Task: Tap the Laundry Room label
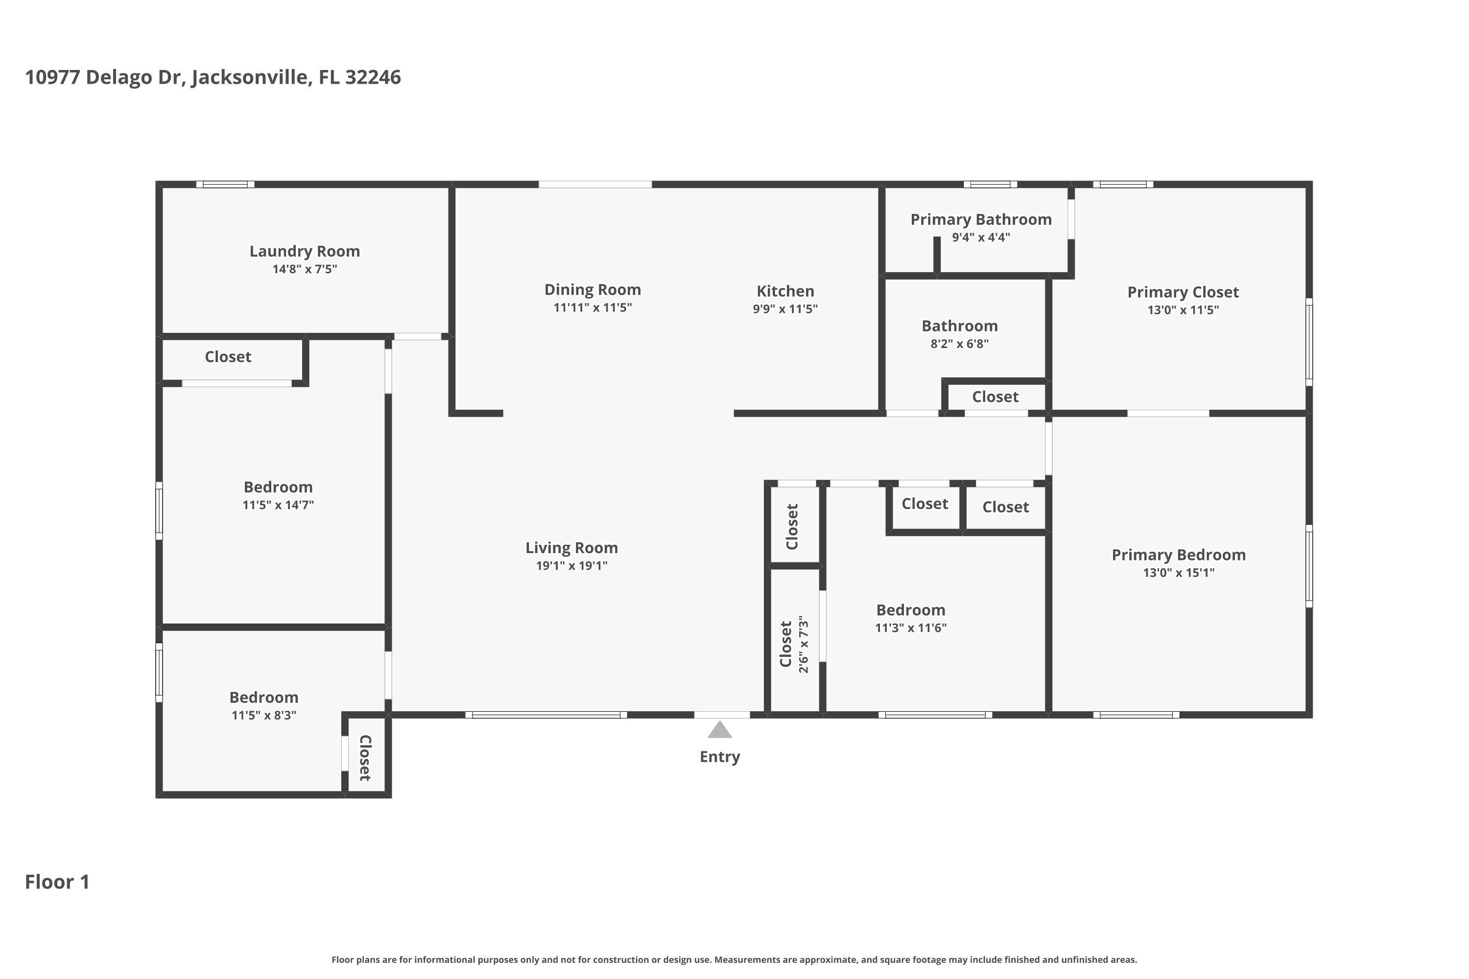point(305,251)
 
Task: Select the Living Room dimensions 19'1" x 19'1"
point(571,566)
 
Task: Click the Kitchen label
point(785,291)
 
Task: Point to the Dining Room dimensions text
point(592,307)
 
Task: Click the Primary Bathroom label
point(981,219)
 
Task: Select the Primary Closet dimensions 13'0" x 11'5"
point(1183,310)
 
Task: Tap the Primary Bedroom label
point(1179,555)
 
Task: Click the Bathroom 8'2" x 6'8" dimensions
point(959,344)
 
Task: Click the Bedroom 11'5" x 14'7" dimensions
point(278,505)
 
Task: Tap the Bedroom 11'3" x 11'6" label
point(911,609)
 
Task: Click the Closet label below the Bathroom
point(995,396)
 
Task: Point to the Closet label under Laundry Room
point(228,356)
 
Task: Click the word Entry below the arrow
point(719,756)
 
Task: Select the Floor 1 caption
point(57,882)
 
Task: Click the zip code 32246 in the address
point(373,77)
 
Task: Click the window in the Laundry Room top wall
point(225,184)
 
